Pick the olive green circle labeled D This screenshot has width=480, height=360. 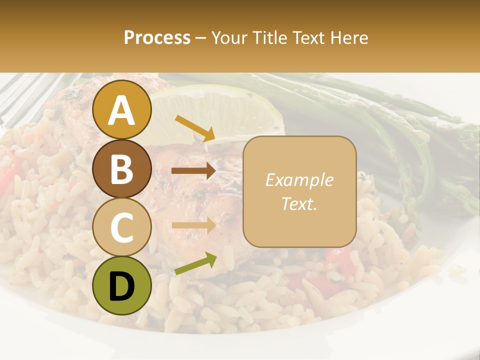(122, 285)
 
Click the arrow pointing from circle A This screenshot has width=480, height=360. (195, 128)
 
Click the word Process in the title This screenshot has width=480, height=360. (157, 37)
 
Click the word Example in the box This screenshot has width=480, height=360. (299, 180)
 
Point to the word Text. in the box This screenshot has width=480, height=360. (299, 203)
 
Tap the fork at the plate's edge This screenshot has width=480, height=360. (25, 97)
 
